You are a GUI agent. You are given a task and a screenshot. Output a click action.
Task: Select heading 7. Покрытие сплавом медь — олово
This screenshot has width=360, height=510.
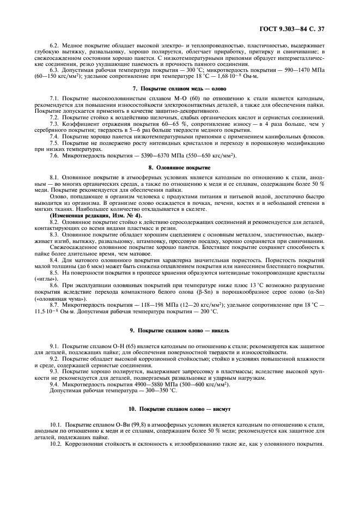(180, 88)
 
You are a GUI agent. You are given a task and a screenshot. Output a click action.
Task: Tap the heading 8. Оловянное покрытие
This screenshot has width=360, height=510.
(180, 168)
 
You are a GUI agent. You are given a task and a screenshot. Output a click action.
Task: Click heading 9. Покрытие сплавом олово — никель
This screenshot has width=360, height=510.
(180, 330)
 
